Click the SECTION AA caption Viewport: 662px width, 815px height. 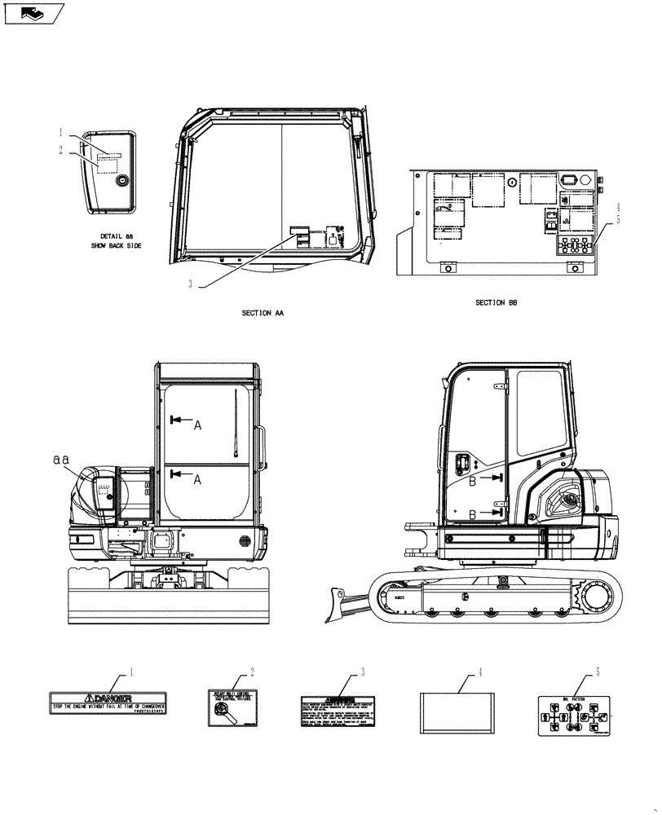(263, 313)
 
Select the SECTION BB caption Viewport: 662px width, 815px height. (496, 302)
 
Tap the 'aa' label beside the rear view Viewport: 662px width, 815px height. (60, 460)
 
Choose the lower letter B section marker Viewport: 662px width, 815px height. (474, 514)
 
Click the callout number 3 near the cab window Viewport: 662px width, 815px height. (190, 284)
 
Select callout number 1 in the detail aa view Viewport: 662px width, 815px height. (60, 131)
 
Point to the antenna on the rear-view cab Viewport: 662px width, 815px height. (234, 424)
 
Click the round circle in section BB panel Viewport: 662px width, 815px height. (511, 182)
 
